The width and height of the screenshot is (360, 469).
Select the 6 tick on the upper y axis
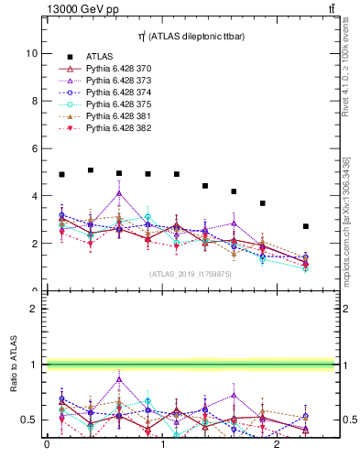tap(35, 148)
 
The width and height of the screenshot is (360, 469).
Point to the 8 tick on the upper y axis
tap(35, 101)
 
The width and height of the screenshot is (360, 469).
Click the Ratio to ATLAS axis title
tap(12, 365)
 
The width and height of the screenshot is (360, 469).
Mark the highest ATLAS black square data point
tap(91, 170)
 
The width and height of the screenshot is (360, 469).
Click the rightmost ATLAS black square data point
tap(306, 226)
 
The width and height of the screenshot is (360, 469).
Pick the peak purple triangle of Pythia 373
tap(119, 193)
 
